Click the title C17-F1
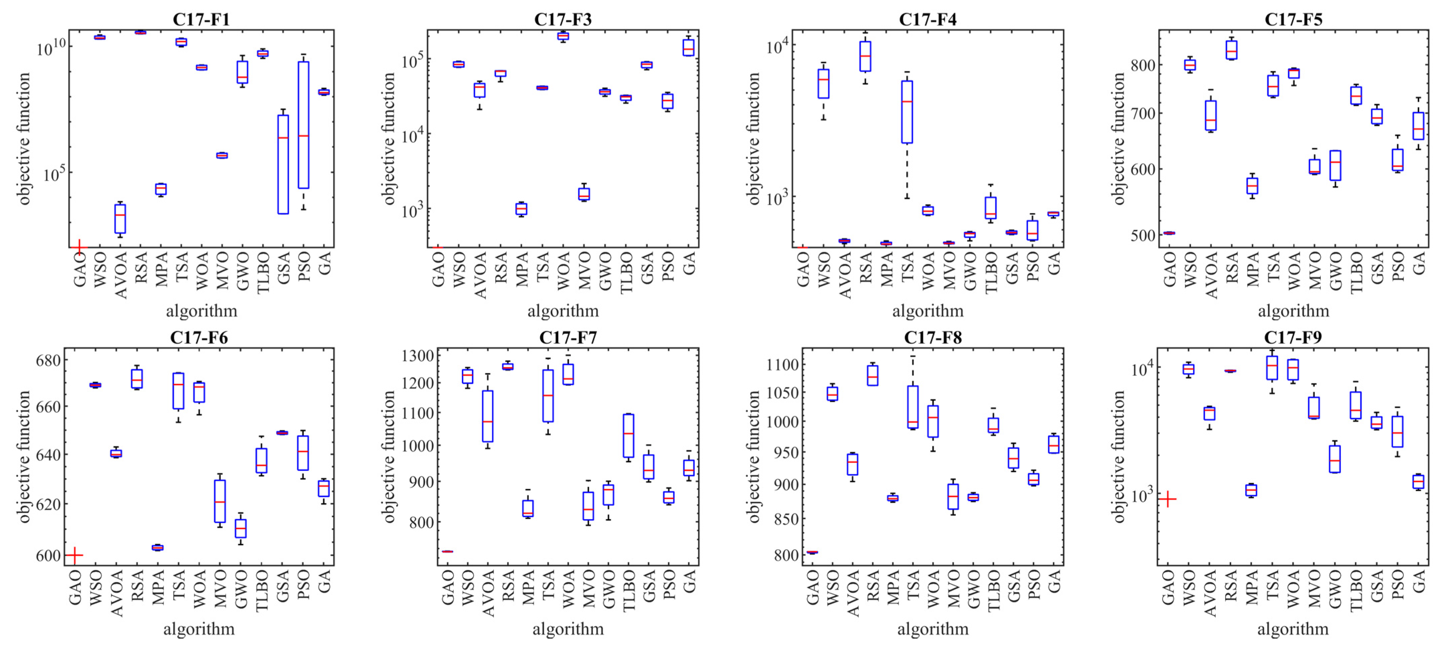point(201,19)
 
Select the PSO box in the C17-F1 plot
point(303,125)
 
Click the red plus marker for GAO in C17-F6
point(74,555)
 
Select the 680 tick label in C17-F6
point(48,360)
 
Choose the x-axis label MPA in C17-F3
point(521,269)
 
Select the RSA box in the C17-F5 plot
point(1231,50)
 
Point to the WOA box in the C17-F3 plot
point(563,36)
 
